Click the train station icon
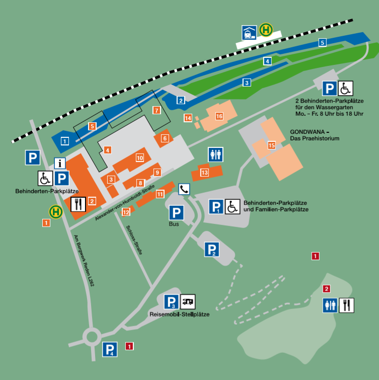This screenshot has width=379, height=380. coord(249,32)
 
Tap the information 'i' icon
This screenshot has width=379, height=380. coord(60,163)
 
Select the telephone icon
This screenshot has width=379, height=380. coord(184,189)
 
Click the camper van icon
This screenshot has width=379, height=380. coord(188,301)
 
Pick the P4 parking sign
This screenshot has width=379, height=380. coord(111,349)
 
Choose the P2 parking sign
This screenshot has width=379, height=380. coord(212,249)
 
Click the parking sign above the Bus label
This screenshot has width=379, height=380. coord(176,213)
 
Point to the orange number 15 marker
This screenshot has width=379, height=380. coord(272,145)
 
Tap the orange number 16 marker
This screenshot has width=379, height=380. coord(219,116)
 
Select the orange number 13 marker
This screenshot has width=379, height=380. coord(204,173)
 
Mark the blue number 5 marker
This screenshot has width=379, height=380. coord(323,43)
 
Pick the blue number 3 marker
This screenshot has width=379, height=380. coord(247,83)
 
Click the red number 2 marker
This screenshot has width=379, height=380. coord(327,289)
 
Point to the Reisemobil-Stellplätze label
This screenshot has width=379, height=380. coord(179,314)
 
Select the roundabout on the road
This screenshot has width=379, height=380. coord(93,337)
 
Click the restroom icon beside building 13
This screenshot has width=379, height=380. coord(215,155)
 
